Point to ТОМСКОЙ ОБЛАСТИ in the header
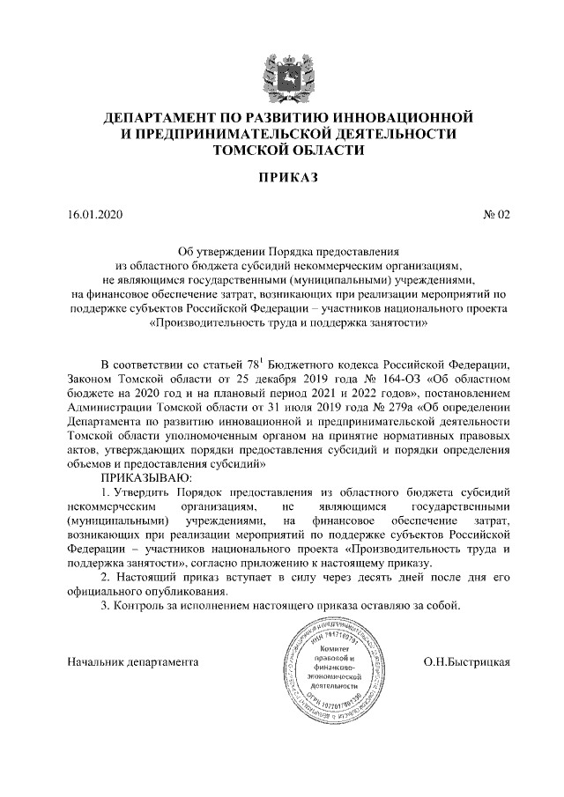pyautogui.click(x=282, y=151)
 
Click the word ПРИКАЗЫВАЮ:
pyautogui.click(x=143, y=476)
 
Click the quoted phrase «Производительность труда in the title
pyautogui.click(x=222, y=323)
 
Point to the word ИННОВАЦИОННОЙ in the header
pyautogui.click(x=397, y=117)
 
